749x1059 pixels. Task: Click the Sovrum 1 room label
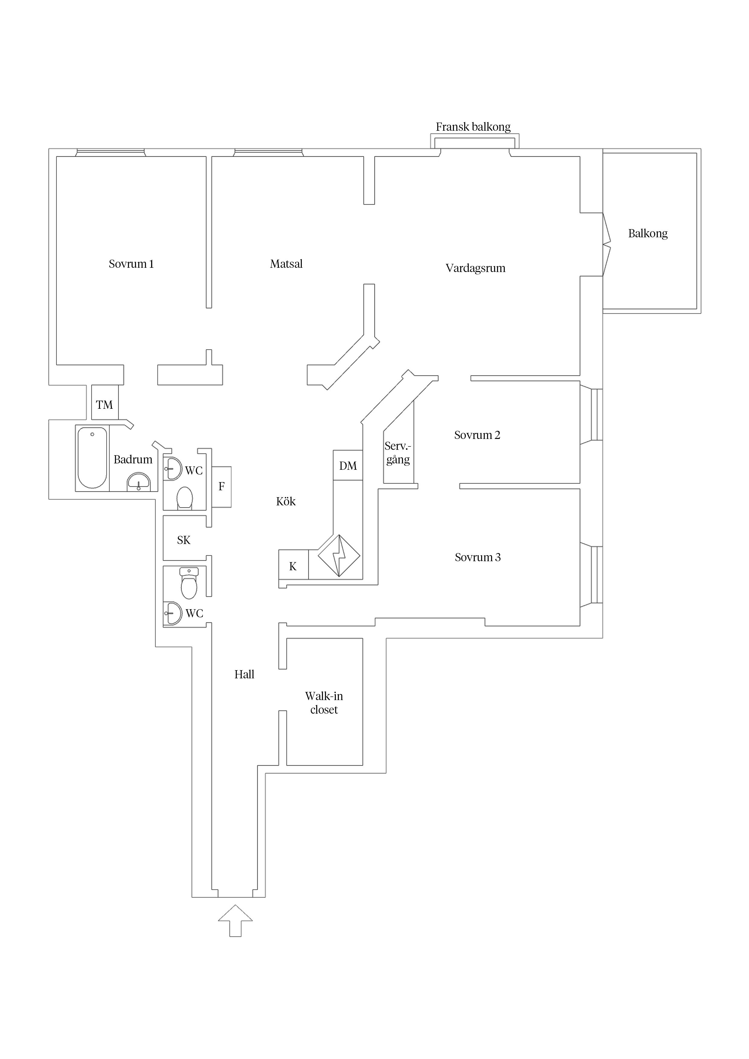pos(131,264)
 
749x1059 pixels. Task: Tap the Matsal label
pos(286,264)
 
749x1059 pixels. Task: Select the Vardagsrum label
pos(475,268)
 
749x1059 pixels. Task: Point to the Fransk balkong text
pos(473,127)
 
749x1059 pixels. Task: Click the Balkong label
pos(648,233)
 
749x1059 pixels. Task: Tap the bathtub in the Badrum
pos(92,458)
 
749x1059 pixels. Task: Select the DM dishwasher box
pos(348,466)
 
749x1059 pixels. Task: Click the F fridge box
pos(221,487)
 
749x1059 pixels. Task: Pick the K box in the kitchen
pos(293,566)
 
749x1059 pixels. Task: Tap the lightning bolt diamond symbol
pos(339,556)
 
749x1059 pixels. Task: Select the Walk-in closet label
pos(324,703)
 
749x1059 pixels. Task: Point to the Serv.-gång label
pos(398,453)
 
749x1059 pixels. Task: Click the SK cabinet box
pos(184,540)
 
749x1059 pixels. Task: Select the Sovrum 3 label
pos(478,557)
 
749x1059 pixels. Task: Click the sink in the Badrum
pos(138,482)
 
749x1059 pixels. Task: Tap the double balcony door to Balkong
pos(606,245)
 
